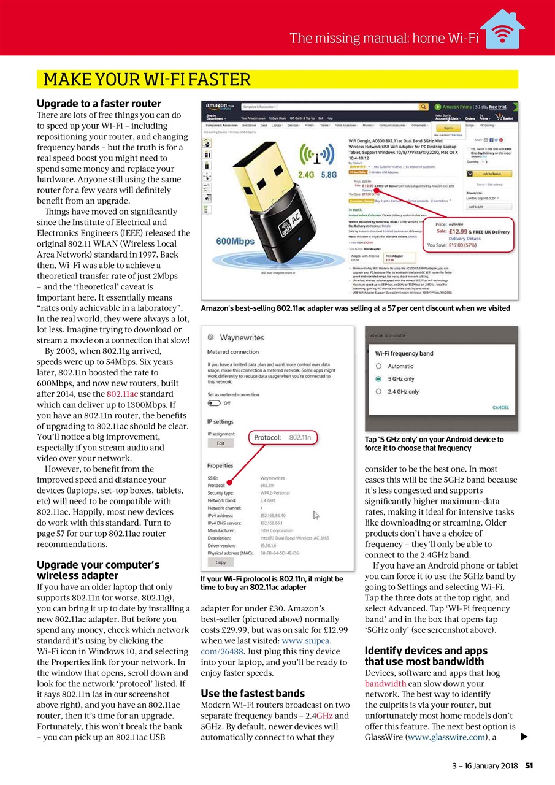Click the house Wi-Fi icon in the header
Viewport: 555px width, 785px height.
click(x=502, y=31)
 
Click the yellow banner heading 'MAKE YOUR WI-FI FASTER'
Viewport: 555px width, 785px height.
click(x=147, y=80)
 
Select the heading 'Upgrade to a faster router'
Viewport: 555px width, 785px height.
click(x=99, y=104)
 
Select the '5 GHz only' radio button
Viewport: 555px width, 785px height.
click(x=379, y=379)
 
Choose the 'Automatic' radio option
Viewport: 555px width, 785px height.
click(x=379, y=366)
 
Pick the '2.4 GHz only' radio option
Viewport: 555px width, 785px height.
click(x=379, y=392)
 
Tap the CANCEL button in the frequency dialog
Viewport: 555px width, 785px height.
click(x=500, y=407)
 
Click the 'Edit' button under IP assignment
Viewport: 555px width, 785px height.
click(x=220, y=443)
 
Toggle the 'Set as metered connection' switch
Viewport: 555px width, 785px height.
click(x=214, y=403)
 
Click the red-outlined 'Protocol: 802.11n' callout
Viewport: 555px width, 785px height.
click(x=283, y=438)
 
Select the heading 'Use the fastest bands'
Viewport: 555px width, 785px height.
click(x=253, y=694)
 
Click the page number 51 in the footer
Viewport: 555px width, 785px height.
click(x=529, y=765)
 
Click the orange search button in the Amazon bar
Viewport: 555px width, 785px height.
click(x=423, y=107)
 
